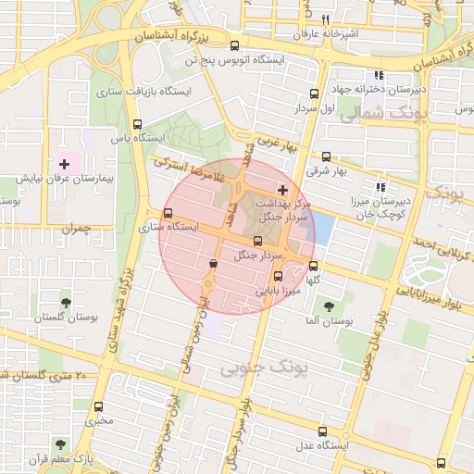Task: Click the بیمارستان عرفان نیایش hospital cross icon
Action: (64, 163)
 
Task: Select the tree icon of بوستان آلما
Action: (328, 305)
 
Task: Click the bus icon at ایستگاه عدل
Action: (323, 430)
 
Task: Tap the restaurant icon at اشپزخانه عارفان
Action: (325, 20)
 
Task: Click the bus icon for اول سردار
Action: (314, 94)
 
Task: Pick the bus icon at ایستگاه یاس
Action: (138, 125)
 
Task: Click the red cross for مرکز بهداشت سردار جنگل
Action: (282, 189)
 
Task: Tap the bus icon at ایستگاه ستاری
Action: (168, 214)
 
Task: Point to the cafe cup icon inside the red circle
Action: (214, 264)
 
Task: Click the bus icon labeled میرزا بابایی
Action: (279, 276)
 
